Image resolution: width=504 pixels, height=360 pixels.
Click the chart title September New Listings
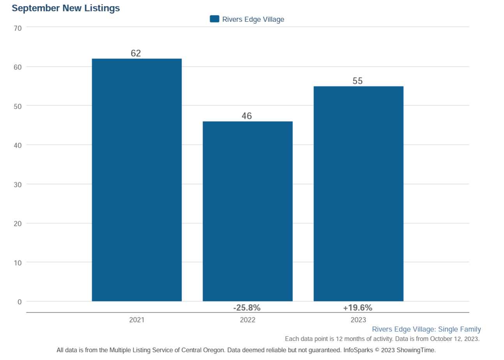66,8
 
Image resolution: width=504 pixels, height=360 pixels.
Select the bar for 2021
137,180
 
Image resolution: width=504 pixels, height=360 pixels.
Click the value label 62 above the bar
136,53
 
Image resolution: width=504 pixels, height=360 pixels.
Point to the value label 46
247,116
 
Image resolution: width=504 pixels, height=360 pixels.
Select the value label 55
358,81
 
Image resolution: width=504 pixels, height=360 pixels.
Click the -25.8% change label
247,308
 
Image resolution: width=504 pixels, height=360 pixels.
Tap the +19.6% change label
358,308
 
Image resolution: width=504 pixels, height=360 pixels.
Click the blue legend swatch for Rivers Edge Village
215,19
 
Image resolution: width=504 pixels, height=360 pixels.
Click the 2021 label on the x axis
137,320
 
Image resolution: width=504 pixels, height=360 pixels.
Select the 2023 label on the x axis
358,320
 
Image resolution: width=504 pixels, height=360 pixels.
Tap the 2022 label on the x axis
247,320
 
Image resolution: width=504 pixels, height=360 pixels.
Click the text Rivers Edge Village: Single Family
426,329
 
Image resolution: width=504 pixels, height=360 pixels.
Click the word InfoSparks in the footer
358,350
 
